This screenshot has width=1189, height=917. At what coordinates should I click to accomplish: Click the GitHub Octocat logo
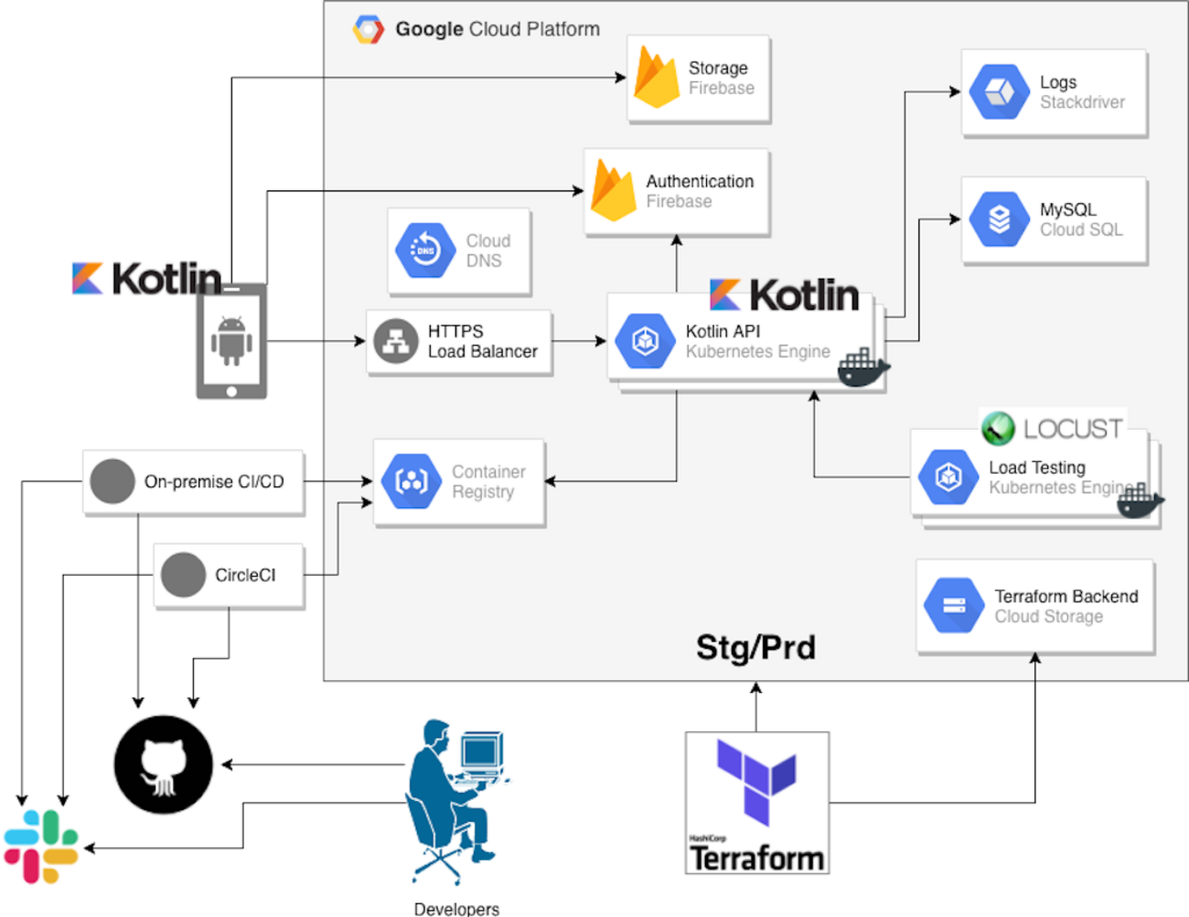coord(163,764)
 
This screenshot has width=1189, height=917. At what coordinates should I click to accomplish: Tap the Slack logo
coord(40,847)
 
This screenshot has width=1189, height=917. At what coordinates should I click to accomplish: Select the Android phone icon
coord(231,340)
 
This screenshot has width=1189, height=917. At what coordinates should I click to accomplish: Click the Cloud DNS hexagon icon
coord(425,250)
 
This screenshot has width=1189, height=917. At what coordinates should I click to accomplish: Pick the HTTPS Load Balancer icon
coord(396,341)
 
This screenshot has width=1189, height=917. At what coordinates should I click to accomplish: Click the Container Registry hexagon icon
coord(412,481)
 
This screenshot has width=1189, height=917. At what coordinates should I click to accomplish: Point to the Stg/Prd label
coord(755,647)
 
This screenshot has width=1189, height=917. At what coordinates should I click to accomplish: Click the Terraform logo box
coord(757,802)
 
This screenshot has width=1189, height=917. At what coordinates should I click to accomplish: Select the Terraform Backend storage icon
coord(954,605)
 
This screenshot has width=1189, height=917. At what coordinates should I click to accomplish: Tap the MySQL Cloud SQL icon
coord(999,219)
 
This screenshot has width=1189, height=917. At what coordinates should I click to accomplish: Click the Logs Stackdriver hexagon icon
coord(999,91)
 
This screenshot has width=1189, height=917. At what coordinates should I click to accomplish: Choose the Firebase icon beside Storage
coord(657,78)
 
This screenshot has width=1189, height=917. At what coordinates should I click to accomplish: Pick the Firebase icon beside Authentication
coord(614,190)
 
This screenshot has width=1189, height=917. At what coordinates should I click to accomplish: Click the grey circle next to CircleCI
coord(183,575)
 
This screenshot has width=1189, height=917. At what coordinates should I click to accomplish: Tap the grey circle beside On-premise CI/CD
coord(112,481)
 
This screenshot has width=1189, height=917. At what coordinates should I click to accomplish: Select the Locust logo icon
coord(998,428)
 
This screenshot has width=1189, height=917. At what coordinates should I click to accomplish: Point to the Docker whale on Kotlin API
coord(862,368)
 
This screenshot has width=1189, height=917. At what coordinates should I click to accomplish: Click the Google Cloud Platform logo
coord(369,29)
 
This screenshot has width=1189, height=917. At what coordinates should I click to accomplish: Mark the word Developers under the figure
coord(456,909)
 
